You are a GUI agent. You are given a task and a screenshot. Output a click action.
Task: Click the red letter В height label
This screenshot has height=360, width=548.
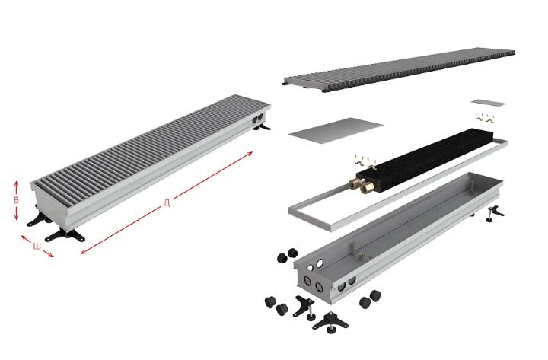(x=16, y=201)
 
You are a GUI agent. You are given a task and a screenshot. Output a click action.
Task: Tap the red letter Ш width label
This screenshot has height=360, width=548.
(x=37, y=247)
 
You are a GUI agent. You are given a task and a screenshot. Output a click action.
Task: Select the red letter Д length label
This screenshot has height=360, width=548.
(x=167, y=203)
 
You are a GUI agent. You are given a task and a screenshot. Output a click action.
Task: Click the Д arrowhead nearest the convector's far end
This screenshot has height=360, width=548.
(x=250, y=153)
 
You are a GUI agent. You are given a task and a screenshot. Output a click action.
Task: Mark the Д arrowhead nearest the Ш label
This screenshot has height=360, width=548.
(x=83, y=252)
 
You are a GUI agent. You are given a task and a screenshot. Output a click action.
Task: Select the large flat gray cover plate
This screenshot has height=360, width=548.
(x=336, y=130)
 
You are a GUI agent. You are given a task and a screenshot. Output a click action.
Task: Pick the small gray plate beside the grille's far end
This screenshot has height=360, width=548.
(x=488, y=103)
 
